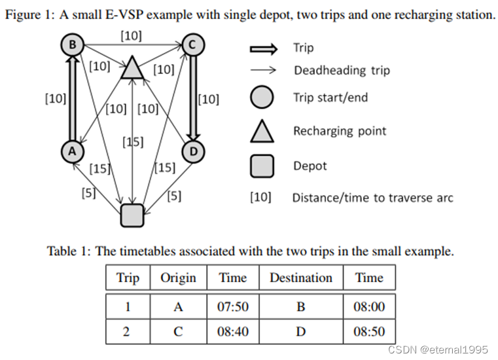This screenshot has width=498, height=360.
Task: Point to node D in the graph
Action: coord(194,151)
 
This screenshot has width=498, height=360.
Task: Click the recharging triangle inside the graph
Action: coord(132,67)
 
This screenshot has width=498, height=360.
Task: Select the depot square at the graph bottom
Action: coord(132,215)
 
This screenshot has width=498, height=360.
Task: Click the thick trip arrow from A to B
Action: coord(70,98)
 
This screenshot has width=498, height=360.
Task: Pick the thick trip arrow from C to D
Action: coord(194,98)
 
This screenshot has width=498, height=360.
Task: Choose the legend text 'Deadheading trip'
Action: coord(341,70)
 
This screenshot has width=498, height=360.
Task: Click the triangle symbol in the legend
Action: coord(262,132)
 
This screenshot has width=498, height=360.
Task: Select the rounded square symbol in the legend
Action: coord(262,166)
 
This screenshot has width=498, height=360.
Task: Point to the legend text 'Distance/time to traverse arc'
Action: coord(372,197)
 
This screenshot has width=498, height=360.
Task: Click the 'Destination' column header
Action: coord(300,278)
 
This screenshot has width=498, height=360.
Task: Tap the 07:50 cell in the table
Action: coord(232,306)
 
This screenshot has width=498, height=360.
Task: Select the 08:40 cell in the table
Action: coord(232,331)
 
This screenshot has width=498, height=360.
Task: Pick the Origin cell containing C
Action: coord(178,331)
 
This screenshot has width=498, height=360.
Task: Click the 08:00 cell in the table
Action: coord(369,306)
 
